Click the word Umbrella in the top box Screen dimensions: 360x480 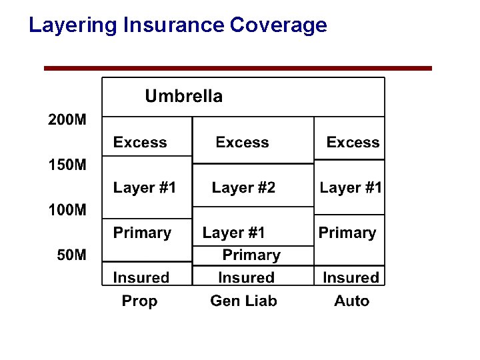click(183, 97)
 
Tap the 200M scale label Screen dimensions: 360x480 click(67, 121)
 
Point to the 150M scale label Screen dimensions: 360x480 click(67, 165)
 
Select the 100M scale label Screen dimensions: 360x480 click(67, 210)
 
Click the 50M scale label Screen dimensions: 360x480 click(71, 255)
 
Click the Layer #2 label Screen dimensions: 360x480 click(243, 188)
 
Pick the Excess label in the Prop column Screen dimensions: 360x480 click(140, 143)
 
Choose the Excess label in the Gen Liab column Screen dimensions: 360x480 click(242, 143)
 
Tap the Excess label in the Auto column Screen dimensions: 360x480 click(353, 143)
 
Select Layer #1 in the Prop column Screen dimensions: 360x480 click(145, 188)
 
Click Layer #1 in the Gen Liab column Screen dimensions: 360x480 click(233, 233)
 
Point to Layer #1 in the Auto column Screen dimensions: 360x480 click(351, 188)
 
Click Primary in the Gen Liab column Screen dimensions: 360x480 click(251, 255)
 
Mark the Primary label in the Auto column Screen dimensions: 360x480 click(347, 233)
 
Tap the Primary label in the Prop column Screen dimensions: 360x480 click(142, 233)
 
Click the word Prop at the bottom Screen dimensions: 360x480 click(139, 301)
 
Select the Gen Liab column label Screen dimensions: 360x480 click(243, 301)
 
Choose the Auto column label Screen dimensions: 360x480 click(351, 301)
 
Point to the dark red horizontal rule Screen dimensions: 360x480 click(238, 68)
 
